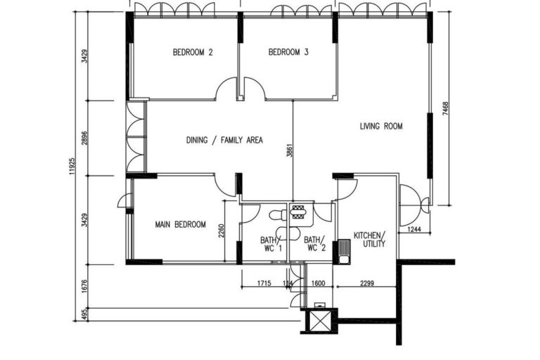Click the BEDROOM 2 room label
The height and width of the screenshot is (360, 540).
coord(193,52)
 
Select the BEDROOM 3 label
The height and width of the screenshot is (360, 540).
coord(288,52)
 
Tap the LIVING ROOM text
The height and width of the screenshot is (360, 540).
coord(380,127)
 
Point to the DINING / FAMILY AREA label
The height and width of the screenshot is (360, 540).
coord(224,140)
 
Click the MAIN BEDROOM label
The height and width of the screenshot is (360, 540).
coord(180,225)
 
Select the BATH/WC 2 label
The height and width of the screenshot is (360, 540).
coord(314,243)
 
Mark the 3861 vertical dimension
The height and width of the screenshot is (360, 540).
coord(289,153)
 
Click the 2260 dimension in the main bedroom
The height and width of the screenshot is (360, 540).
coord(221,232)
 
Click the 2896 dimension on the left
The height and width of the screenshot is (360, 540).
coord(85,137)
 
